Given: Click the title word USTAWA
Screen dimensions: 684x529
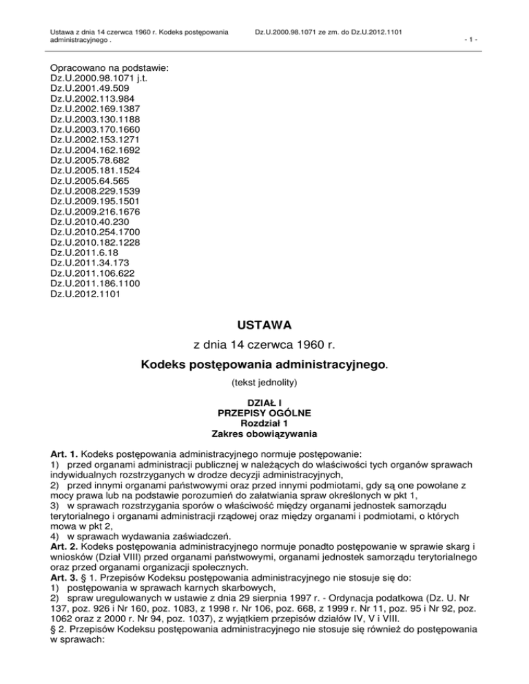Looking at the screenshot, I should point(264,323).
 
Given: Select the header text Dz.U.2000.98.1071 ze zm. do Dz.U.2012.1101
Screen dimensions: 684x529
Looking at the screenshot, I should point(328,32).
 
